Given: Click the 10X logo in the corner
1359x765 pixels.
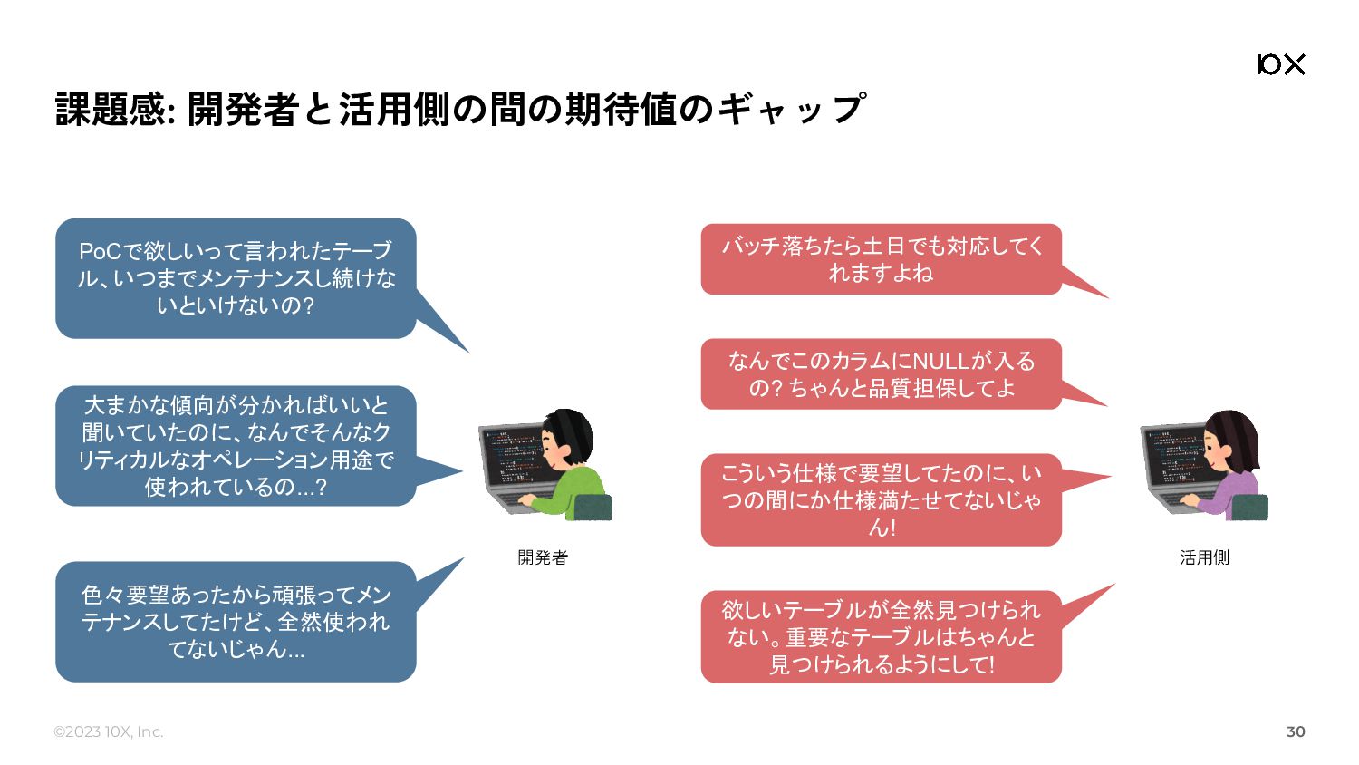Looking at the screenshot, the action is pos(1281,63).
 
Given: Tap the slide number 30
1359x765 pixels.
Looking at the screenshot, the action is pos(1296,731).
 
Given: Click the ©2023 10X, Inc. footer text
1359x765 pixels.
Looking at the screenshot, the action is pos(108,731).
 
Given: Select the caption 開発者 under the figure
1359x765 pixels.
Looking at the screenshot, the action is pos(543,557).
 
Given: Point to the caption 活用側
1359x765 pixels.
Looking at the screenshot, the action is pos(1204,557).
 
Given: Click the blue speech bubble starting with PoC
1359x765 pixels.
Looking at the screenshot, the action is pos(236,278).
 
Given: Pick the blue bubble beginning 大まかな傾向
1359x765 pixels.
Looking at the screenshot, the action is pos(236,446).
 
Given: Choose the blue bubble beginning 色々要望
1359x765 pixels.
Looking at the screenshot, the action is pos(236,622).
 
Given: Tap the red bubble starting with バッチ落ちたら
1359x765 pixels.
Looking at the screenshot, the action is pos(881,259).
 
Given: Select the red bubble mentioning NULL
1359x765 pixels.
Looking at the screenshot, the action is pos(881,374).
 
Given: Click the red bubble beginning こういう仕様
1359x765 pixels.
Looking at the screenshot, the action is pos(881,499).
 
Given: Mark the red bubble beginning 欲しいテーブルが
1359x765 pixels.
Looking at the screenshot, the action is pos(881,637).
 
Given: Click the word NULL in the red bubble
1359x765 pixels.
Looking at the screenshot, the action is pos(940,362).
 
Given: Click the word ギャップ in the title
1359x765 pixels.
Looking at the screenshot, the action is pos(792,110).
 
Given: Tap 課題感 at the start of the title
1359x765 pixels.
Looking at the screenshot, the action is pos(111,110).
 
